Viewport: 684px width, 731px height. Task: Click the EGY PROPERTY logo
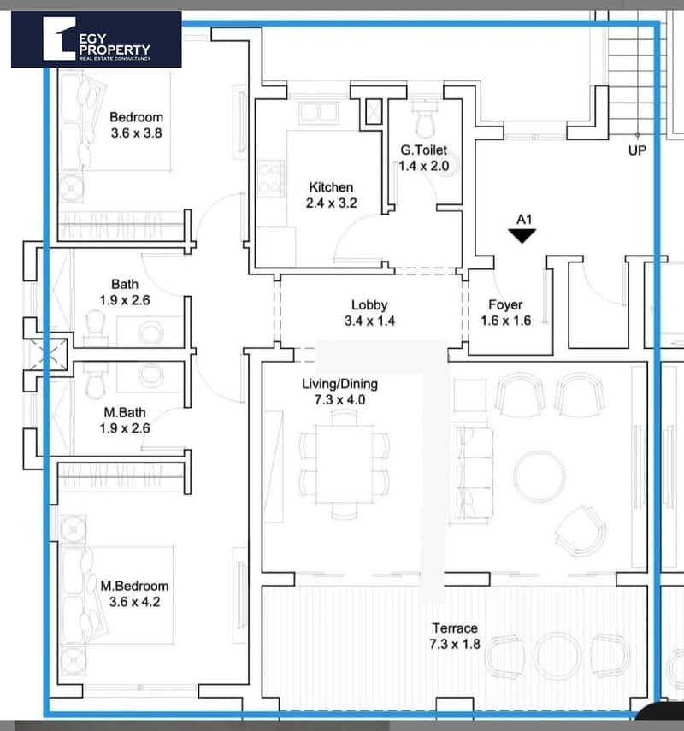pos(96,39)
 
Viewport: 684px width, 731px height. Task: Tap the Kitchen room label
pos(331,187)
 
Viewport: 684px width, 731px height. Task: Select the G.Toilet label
pos(424,150)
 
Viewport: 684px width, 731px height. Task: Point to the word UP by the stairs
pos(637,150)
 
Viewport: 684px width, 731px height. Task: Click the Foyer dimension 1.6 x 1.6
pos(506,321)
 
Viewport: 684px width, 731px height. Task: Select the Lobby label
pos(369,305)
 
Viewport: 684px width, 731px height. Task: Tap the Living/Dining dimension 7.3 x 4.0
pos(340,400)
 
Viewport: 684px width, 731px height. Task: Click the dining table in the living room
pos(345,463)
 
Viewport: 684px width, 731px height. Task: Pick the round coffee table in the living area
pos(539,476)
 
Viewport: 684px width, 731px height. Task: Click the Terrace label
pos(455,628)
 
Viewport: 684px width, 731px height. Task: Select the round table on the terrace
pos(557,656)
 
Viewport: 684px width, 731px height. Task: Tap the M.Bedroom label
pos(135,586)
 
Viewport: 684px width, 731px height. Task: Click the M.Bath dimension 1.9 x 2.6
pos(125,428)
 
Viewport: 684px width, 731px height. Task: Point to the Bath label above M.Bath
pos(125,284)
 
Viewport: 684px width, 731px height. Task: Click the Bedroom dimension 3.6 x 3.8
pos(136,133)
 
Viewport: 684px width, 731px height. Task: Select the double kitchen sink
pos(319,112)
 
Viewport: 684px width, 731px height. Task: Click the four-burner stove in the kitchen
pos(271,179)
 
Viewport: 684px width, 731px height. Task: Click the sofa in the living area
pos(475,473)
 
